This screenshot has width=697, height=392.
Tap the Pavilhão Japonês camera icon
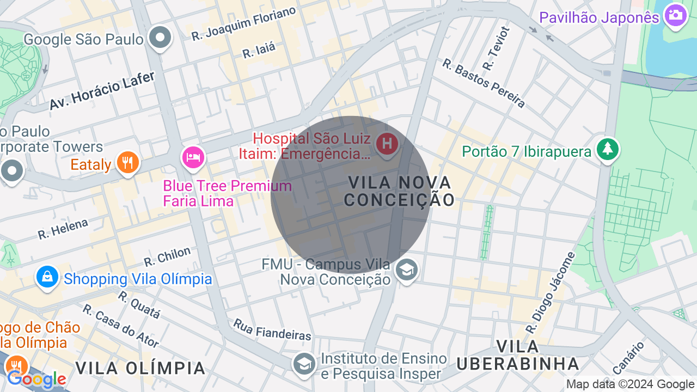coord(675,16)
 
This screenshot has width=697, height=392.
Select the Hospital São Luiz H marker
coord(387,144)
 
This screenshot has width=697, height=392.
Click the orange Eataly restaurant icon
coord(128,162)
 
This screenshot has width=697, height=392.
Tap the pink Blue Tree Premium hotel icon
coord(193,157)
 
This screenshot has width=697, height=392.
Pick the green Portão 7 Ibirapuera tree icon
coord(607,149)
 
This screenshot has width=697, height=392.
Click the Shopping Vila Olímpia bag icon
coord(47,277)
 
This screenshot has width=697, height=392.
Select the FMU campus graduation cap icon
coord(406,269)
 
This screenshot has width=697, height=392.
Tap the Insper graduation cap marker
coord(304,364)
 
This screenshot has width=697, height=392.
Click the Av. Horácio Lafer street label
coord(102,90)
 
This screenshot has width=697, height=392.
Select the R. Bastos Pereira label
coord(484,83)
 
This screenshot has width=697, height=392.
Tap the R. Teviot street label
coord(496,48)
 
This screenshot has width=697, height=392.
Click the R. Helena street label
coord(63,229)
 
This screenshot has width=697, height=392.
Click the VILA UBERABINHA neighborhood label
coord(518,355)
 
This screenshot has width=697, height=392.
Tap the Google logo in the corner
coord(36,379)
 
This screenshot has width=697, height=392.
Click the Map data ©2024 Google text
coord(631,384)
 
